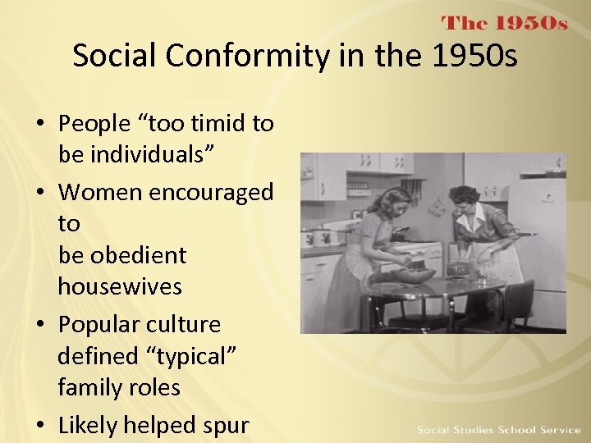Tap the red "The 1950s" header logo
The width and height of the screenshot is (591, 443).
[504, 23]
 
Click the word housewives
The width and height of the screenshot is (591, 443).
[120, 286]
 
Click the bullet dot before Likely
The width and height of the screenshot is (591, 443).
[42, 426]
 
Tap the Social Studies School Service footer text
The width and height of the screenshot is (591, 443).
[498, 430]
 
